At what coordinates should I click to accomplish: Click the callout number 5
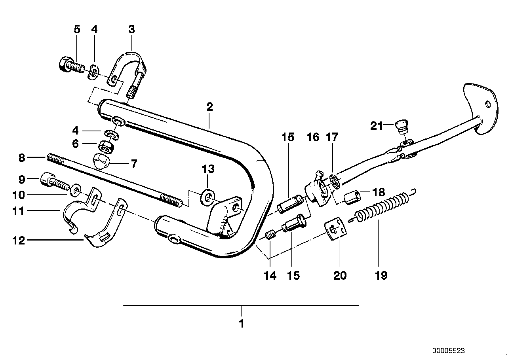(77, 29)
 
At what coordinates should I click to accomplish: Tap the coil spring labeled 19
(383, 206)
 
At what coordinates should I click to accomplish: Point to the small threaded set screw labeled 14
(270, 237)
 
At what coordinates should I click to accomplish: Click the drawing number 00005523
(449, 351)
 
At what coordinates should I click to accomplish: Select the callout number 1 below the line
(241, 324)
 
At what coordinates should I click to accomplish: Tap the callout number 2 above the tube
(209, 107)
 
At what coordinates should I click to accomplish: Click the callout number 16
(312, 137)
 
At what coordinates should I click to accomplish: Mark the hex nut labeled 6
(108, 148)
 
